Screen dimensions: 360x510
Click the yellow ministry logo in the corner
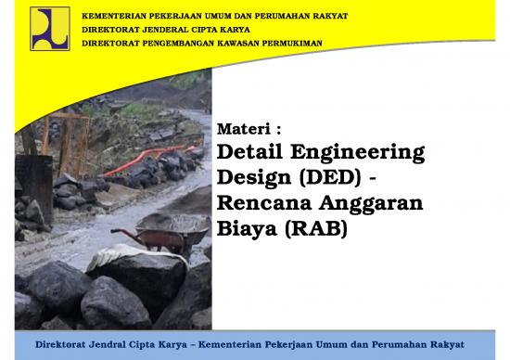point(49,28)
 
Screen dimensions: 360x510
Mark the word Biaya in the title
point(246,226)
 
